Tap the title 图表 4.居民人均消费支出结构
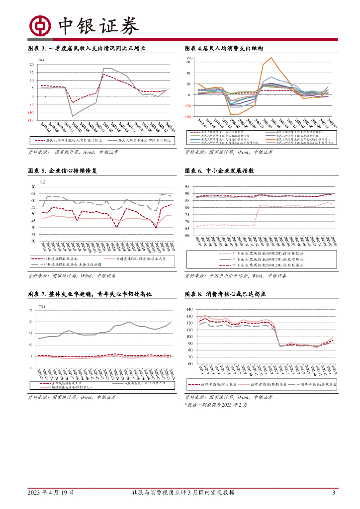click(x=223, y=48)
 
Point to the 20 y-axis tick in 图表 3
click(x=31, y=65)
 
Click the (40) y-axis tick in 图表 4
click(x=189, y=117)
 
